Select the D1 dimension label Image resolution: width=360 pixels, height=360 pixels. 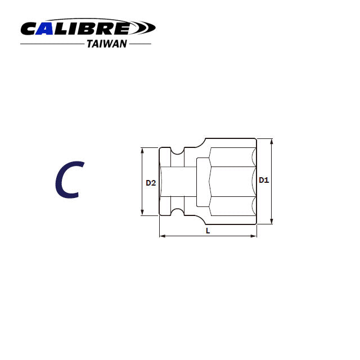tap(263, 180)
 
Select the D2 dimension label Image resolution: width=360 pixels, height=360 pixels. tap(150, 182)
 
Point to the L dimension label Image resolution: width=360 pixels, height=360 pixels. tap(208, 231)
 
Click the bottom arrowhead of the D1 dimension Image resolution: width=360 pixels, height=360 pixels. tap(272, 221)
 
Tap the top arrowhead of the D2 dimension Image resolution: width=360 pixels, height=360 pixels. tap(142, 150)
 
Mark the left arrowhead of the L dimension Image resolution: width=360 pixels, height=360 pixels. tap(163, 236)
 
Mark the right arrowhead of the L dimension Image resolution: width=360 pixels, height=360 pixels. tap(254, 236)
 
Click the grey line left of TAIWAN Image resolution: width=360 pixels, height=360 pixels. tap(52, 44)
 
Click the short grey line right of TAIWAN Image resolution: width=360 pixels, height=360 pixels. tap(141, 44)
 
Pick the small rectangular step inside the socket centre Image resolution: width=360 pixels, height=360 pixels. tap(202, 181)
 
